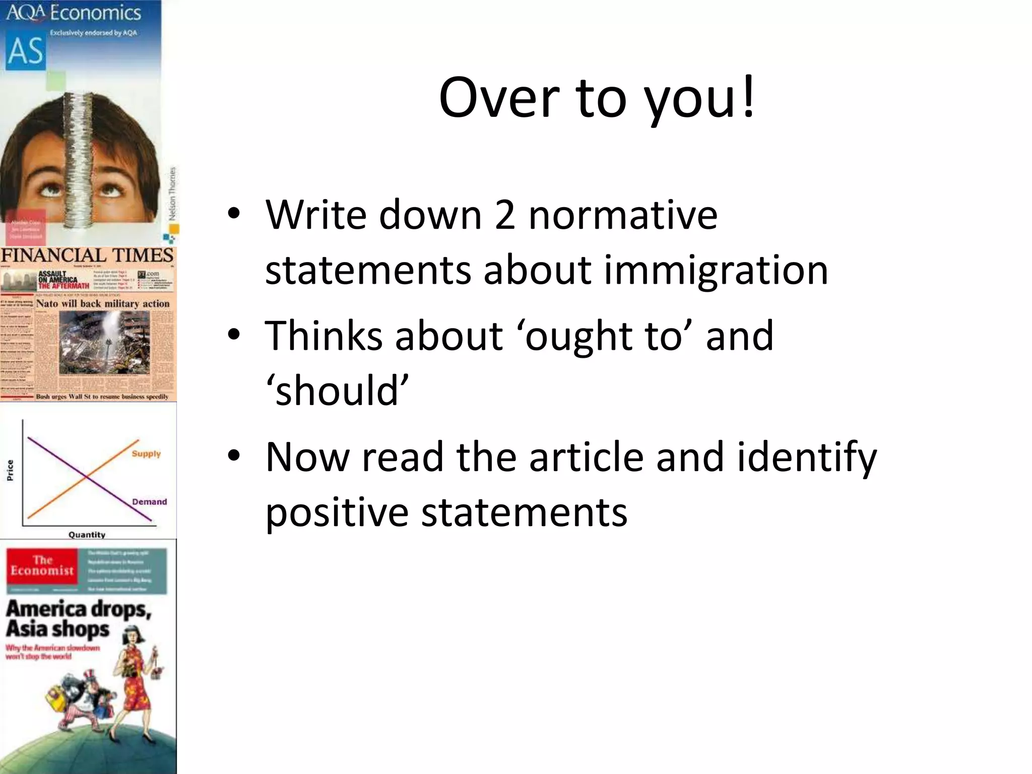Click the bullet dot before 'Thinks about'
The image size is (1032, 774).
pyautogui.click(x=233, y=334)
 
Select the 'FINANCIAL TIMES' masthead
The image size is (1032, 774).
pyautogui.click(x=87, y=256)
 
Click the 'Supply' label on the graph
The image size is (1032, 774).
pyautogui.click(x=146, y=454)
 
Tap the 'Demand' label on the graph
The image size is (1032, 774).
pyautogui.click(x=149, y=502)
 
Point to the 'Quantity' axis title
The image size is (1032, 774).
pyautogui.click(x=87, y=535)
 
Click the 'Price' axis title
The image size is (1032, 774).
pyautogui.click(x=10, y=470)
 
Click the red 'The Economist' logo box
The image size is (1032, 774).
pyautogui.click(x=42, y=565)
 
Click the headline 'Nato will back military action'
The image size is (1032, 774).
pyautogui.click(x=103, y=304)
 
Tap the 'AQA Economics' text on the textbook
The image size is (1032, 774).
pyautogui.click(x=74, y=12)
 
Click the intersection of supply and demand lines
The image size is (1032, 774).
pyautogui.click(x=87, y=477)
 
